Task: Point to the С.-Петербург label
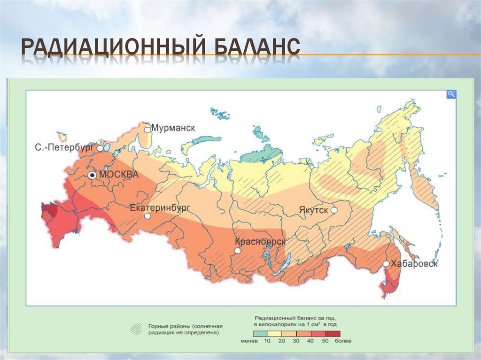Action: pyautogui.click(x=65, y=147)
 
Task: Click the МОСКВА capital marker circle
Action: pyautogui.click(x=93, y=175)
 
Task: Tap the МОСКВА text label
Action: pyautogui.click(x=119, y=175)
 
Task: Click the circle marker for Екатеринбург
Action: pyautogui.click(x=147, y=216)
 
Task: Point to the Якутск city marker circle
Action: pyautogui.click(x=334, y=210)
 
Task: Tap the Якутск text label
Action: pyautogui.click(x=313, y=210)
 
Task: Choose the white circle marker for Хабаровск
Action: pyautogui.click(x=386, y=264)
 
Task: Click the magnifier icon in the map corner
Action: pyautogui.click(x=451, y=94)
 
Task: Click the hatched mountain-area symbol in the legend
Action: pyautogui.click(x=136, y=329)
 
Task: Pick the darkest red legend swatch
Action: pyautogui.click(x=333, y=333)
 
